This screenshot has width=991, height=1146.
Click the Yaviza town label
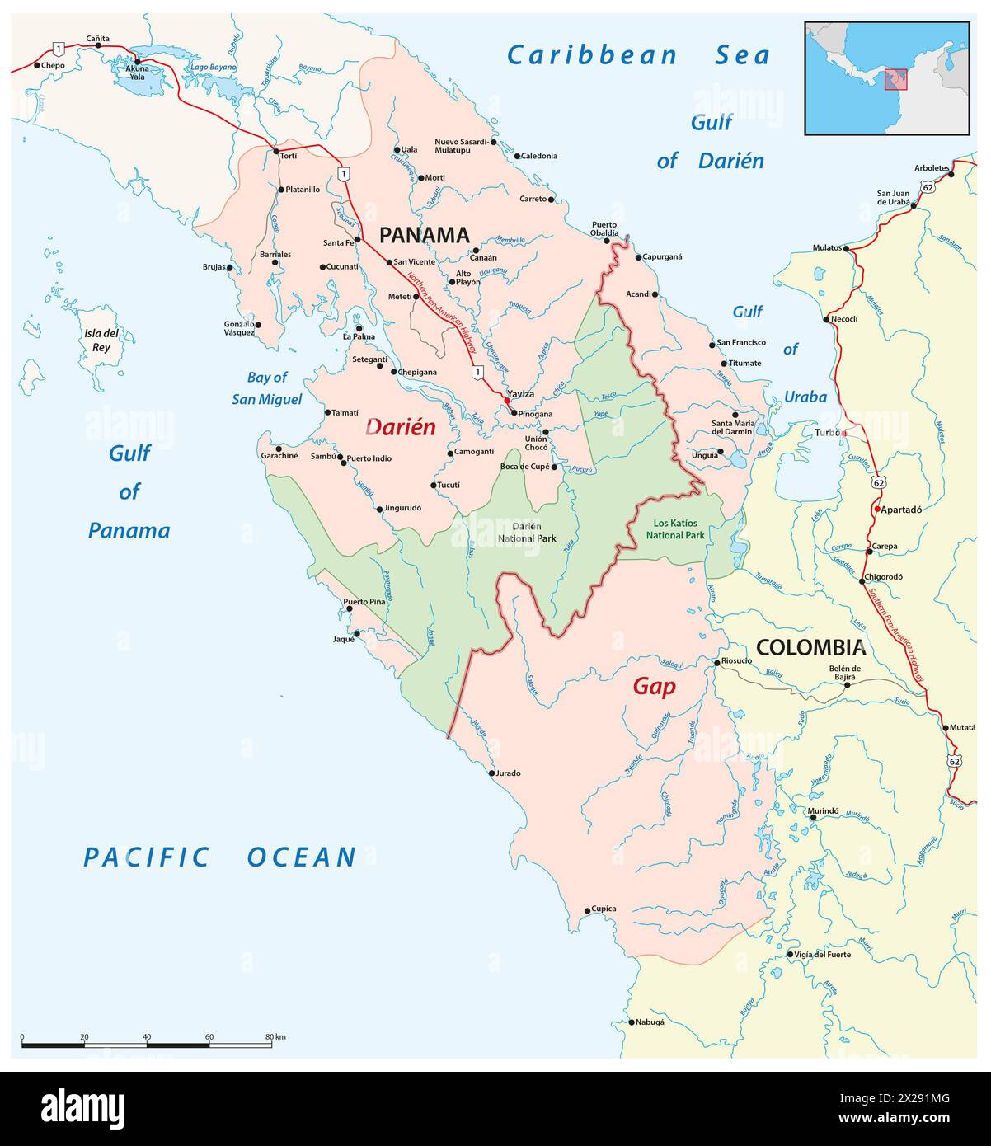click(521, 394)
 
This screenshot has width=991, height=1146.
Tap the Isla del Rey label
click(101, 341)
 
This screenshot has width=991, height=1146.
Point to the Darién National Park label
click(527, 532)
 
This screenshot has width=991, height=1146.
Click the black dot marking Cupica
click(586, 910)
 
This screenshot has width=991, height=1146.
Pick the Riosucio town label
click(736, 660)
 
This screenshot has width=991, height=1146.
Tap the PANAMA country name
click(424, 235)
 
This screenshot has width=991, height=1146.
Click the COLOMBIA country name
click(810, 647)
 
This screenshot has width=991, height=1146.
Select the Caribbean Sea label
click(638, 55)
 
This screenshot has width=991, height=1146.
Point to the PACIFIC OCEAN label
click(220, 857)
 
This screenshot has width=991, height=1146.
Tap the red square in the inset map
click(895, 79)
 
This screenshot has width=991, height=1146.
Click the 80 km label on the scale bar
click(275, 1036)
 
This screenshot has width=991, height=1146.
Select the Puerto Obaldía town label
click(604, 228)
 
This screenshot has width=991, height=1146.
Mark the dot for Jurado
click(492, 773)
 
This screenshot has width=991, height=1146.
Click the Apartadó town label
click(901, 510)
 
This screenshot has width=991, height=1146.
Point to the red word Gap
click(654, 686)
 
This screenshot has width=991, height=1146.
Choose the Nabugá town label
click(650, 1022)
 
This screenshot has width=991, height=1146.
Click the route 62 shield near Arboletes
click(929, 188)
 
